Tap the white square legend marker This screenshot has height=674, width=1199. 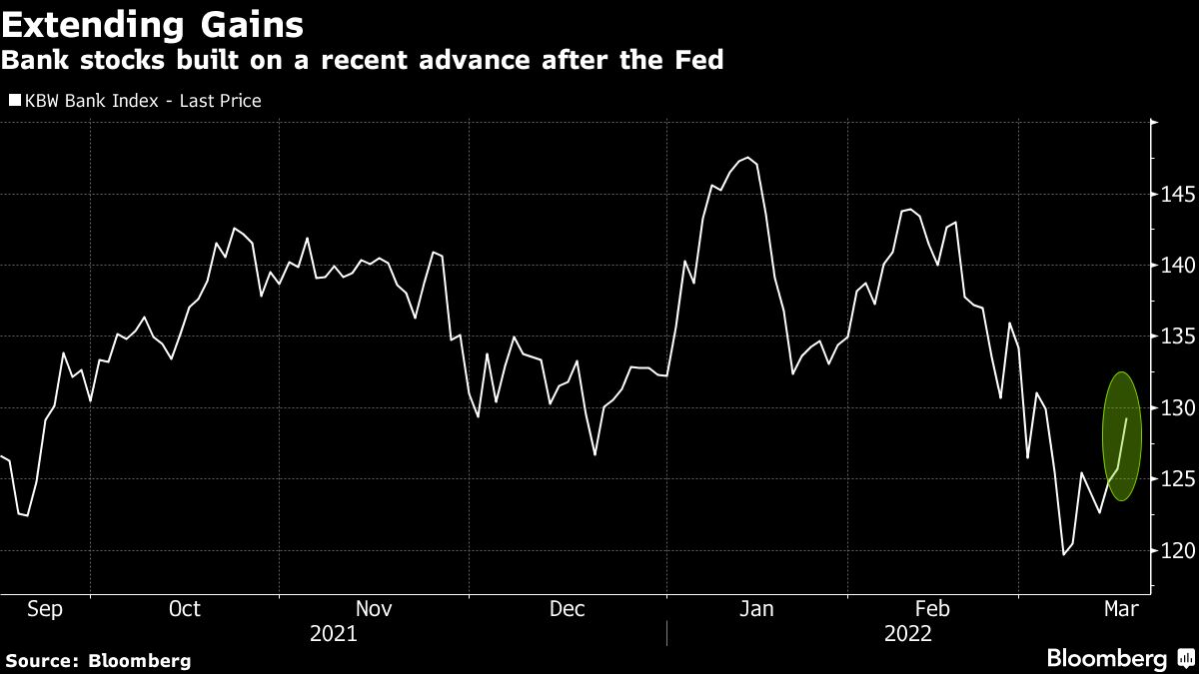(14, 101)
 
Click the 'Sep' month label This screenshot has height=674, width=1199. (45, 609)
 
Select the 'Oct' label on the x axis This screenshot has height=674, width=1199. (185, 609)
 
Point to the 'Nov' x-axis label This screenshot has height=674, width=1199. (374, 609)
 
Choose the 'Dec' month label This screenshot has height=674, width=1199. (567, 609)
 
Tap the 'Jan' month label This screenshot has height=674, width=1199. (756, 609)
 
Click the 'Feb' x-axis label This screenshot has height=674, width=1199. (932, 609)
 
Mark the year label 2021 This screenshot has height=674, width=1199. (333, 634)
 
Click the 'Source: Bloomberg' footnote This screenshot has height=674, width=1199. (98, 660)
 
